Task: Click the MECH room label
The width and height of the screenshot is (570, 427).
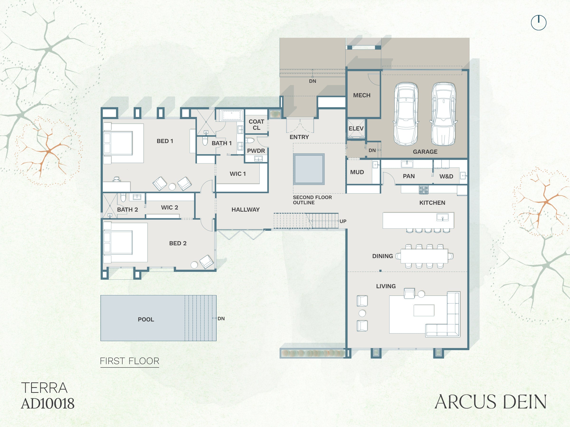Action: pyautogui.click(x=361, y=95)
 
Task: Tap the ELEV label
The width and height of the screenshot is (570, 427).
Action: pyautogui.click(x=356, y=128)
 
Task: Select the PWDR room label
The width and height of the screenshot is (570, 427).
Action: pyautogui.click(x=256, y=151)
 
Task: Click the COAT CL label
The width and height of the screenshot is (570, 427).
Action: pyautogui.click(x=256, y=125)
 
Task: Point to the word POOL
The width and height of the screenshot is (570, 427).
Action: pyautogui.click(x=146, y=319)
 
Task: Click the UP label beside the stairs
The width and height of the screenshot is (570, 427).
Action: pyautogui.click(x=343, y=221)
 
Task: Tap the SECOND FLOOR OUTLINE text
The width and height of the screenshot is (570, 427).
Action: pyautogui.click(x=312, y=200)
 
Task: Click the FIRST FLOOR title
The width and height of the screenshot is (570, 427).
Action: pyautogui.click(x=130, y=361)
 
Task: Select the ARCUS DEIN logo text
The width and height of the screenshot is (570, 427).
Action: pyautogui.click(x=490, y=402)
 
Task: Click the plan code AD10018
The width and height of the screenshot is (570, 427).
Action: pyautogui.click(x=48, y=404)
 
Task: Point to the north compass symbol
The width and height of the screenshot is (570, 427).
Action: pyautogui.click(x=539, y=23)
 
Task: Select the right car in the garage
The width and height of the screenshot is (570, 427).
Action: pyautogui.click(x=443, y=114)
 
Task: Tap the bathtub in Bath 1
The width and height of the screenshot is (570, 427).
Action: pyautogui.click(x=232, y=115)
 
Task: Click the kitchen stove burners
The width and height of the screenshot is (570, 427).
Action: pyautogui.click(x=424, y=190)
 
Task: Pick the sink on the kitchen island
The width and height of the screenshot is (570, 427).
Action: pyautogui.click(x=442, y=218)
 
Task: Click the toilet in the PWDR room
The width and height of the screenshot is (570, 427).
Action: pyautogui.click(x=250, y=140)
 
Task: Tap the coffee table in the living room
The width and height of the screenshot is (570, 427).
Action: pyautogui.click(x=424, y=310)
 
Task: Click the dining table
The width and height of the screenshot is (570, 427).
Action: pyautogui.click(x=424, y=256)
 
